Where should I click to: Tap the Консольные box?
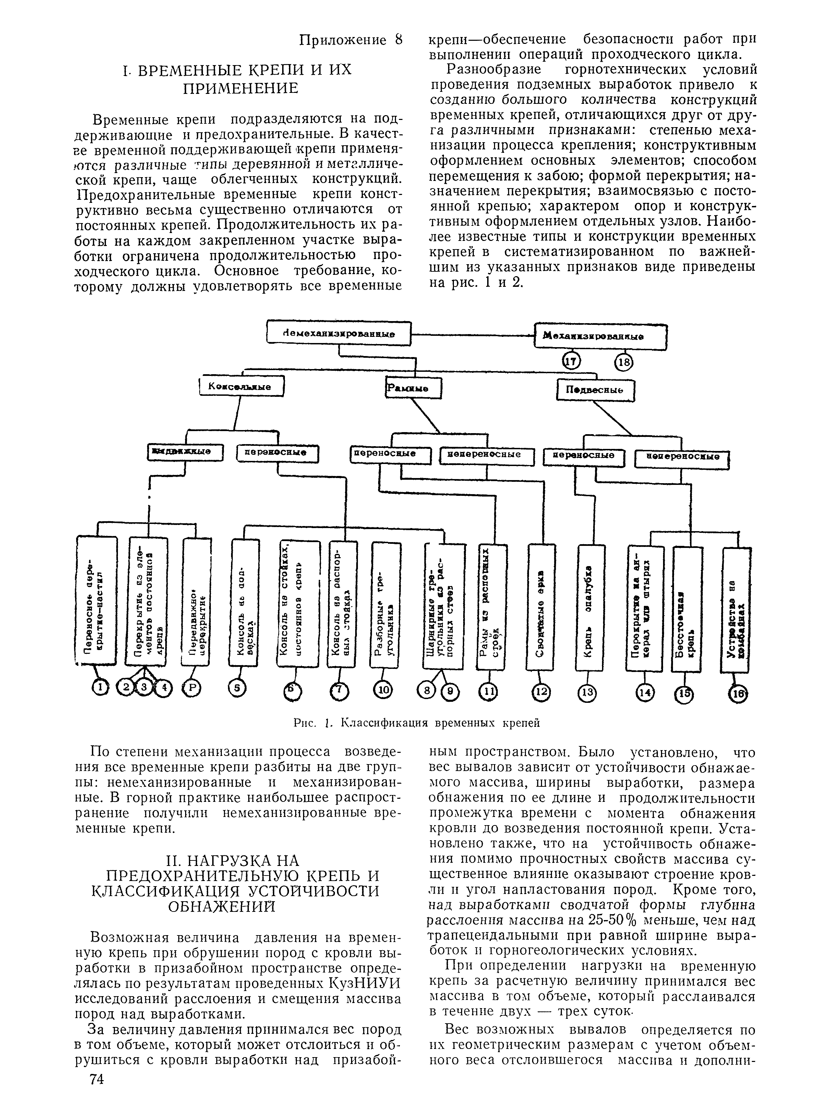coord(242,387)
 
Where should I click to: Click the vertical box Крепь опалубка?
coord(589,608)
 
